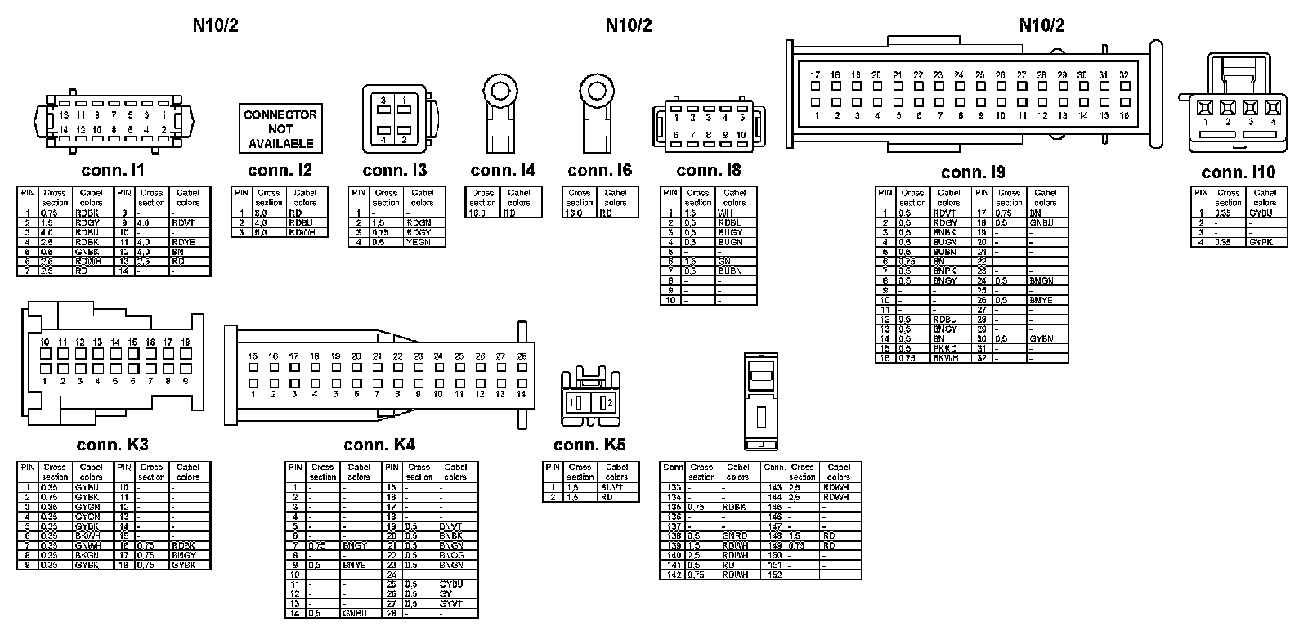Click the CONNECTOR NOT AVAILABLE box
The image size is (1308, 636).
pos(280,128)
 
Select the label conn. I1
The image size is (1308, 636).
pos(113,170)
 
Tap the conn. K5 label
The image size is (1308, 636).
pos(589,445)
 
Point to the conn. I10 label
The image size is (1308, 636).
pos(1238,172)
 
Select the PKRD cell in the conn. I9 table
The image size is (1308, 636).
pos(945,348)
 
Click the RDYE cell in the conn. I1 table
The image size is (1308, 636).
pos(183,242)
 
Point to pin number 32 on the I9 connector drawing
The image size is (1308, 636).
pos(1124,74)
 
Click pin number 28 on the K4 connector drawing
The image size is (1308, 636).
pos(522,356)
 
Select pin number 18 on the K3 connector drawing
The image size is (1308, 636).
pos(186,342)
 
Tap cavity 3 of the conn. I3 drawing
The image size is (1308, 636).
pos(383,100)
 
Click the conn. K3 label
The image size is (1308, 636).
pos(112,445)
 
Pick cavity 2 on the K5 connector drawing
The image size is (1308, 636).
pos(606,403)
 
